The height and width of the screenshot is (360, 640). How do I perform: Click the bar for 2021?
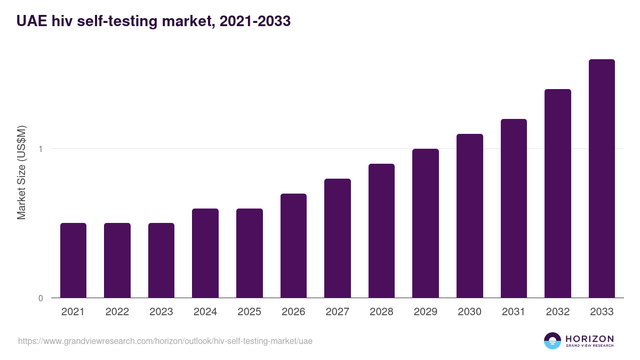[73, 260]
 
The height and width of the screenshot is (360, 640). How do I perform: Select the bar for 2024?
[205, 253]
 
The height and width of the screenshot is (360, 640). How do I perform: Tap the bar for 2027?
[338, 238]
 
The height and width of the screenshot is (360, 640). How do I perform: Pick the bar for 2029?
[426, 223]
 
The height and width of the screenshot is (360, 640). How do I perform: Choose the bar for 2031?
[514, 208]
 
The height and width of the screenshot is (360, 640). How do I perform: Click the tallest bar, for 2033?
[602, 178]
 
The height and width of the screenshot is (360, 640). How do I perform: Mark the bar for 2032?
[558, 193]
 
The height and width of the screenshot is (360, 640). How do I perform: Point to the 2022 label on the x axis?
[117, 312]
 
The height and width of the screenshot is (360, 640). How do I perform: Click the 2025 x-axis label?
[249, 312]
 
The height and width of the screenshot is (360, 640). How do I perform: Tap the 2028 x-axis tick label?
[381, 312]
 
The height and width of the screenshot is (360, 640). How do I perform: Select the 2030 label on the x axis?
[469, 312]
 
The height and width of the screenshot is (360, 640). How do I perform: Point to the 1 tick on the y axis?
[41, 149]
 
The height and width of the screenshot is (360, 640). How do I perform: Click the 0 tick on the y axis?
[41, 298]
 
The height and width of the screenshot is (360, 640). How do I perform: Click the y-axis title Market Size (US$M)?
[22, 172]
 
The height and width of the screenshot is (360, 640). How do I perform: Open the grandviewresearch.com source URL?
[165, 341]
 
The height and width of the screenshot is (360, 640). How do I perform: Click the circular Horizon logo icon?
[553, 341]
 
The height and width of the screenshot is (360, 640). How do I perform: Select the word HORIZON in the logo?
[590, 338]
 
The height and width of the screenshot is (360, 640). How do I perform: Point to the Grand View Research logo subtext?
[590, 346]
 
